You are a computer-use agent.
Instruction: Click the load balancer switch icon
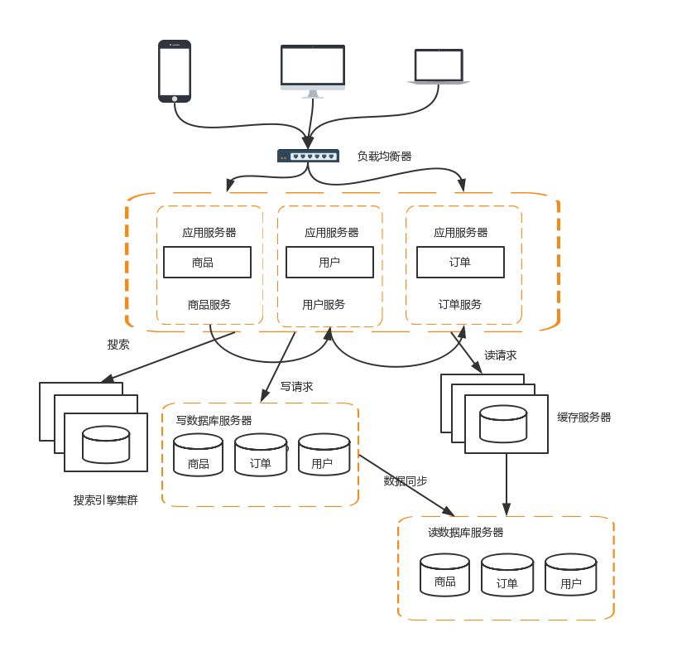(308, 156)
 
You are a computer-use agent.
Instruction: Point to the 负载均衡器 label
(384, 155)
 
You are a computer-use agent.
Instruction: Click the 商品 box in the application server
(207, 263)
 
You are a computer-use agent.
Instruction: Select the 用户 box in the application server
(329, 263)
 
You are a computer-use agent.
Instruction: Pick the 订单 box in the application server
(459, 263)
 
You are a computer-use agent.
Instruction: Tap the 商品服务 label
(209, 304)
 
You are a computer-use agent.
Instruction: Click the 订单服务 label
(460, 304)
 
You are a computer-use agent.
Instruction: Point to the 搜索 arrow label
(118, 345)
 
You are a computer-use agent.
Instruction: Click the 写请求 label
(297, 386)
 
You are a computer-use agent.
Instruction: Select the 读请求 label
(501, 355)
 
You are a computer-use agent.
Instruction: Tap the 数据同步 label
(406, 480)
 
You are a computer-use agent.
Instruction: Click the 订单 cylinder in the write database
(261, 462)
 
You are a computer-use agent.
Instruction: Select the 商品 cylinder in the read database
(444, 582)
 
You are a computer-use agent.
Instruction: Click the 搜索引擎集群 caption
(105, 500)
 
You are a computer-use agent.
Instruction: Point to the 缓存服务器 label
(584, 418)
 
